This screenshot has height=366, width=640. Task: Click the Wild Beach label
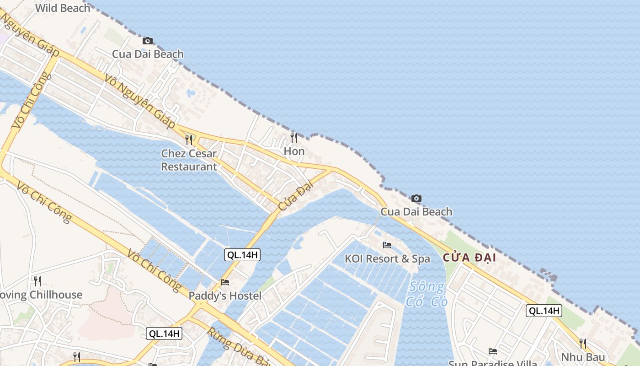point(63,8)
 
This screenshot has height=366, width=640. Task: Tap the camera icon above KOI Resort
point(416,198)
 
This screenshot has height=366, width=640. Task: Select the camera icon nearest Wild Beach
point(147,41)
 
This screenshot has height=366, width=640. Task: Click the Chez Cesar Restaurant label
point(189,160)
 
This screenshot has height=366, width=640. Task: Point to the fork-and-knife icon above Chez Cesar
point(189,139)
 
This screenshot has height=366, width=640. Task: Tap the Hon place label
point(294,151)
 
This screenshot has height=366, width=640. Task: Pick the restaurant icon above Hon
point(294,137)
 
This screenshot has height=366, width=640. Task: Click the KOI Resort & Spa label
point(387,258)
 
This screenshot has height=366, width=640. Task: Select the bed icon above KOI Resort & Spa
point(387,245)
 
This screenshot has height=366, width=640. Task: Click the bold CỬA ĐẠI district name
point(469,258)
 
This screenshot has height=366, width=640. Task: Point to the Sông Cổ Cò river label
point(426,294)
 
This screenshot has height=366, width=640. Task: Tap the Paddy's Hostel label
point(225,296)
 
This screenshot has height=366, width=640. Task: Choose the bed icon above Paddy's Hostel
point(224,282)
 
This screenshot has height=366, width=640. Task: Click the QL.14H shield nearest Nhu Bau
point(544,311)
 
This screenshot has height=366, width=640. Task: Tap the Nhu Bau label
point(583,357)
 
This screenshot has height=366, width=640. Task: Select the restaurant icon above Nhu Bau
point(583,343)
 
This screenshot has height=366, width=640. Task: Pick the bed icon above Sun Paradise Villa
point(492,351)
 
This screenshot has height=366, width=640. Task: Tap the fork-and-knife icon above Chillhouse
point(37,280)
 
